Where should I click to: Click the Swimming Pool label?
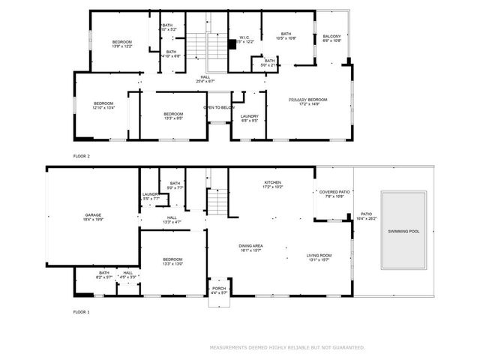(403, 232)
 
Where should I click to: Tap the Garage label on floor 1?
(93, 218)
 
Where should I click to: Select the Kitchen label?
(271, 184)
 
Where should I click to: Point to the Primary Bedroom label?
(309, 101)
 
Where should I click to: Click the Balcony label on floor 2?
(331, 38)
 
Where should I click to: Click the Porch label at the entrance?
(219, 289)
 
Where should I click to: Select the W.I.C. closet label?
(244, 39)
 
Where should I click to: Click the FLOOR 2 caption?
(81, 156)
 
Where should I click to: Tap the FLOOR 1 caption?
(81, 311)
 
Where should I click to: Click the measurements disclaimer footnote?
(287, 347)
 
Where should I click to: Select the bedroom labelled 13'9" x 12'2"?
(122, 43)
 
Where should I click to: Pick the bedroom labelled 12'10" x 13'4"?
(103, 105)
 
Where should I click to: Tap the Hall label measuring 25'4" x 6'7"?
(205, 79)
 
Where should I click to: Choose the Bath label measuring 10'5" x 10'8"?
(286, 35)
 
